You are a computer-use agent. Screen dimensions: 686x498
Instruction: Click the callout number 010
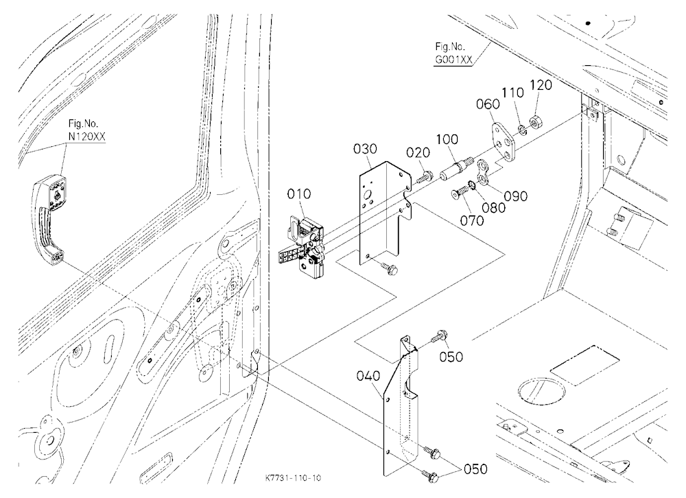pos(299,193)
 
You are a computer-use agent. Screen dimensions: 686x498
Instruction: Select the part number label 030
pos(365,150)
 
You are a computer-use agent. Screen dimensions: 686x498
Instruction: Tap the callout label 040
pos(368,375)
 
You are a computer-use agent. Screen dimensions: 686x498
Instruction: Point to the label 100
pos(447,140)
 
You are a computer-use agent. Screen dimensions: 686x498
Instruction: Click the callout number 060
pos(488,104)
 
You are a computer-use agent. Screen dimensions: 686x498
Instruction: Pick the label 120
pos(541,85)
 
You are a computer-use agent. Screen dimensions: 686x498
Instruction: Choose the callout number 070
pos(472,220)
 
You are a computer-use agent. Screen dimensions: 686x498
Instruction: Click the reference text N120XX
pos(86,137)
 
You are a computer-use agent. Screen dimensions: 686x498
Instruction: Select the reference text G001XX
pos(453,60)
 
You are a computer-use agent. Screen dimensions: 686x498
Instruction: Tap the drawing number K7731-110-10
pos(293,478)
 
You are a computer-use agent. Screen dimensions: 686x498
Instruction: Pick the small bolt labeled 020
pos(423,177)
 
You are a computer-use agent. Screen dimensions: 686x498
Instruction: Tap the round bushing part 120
pos(534,120)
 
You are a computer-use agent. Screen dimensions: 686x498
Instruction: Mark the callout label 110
pos(512,93)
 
